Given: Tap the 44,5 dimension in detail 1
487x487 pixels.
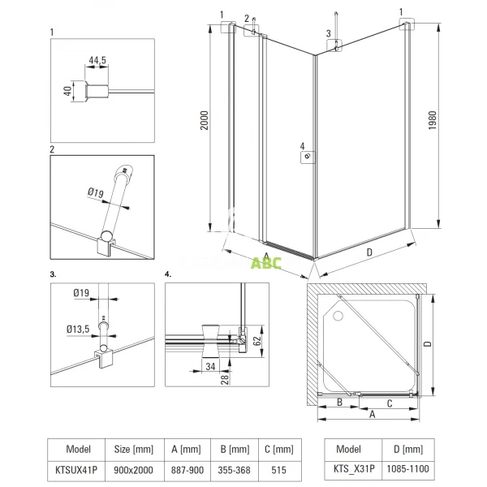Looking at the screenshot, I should click(98, 60).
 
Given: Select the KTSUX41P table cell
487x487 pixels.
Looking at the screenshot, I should click(75, 468).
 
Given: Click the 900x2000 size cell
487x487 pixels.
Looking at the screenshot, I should click(132, 468).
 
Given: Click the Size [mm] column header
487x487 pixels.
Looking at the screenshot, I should click(132, 448).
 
